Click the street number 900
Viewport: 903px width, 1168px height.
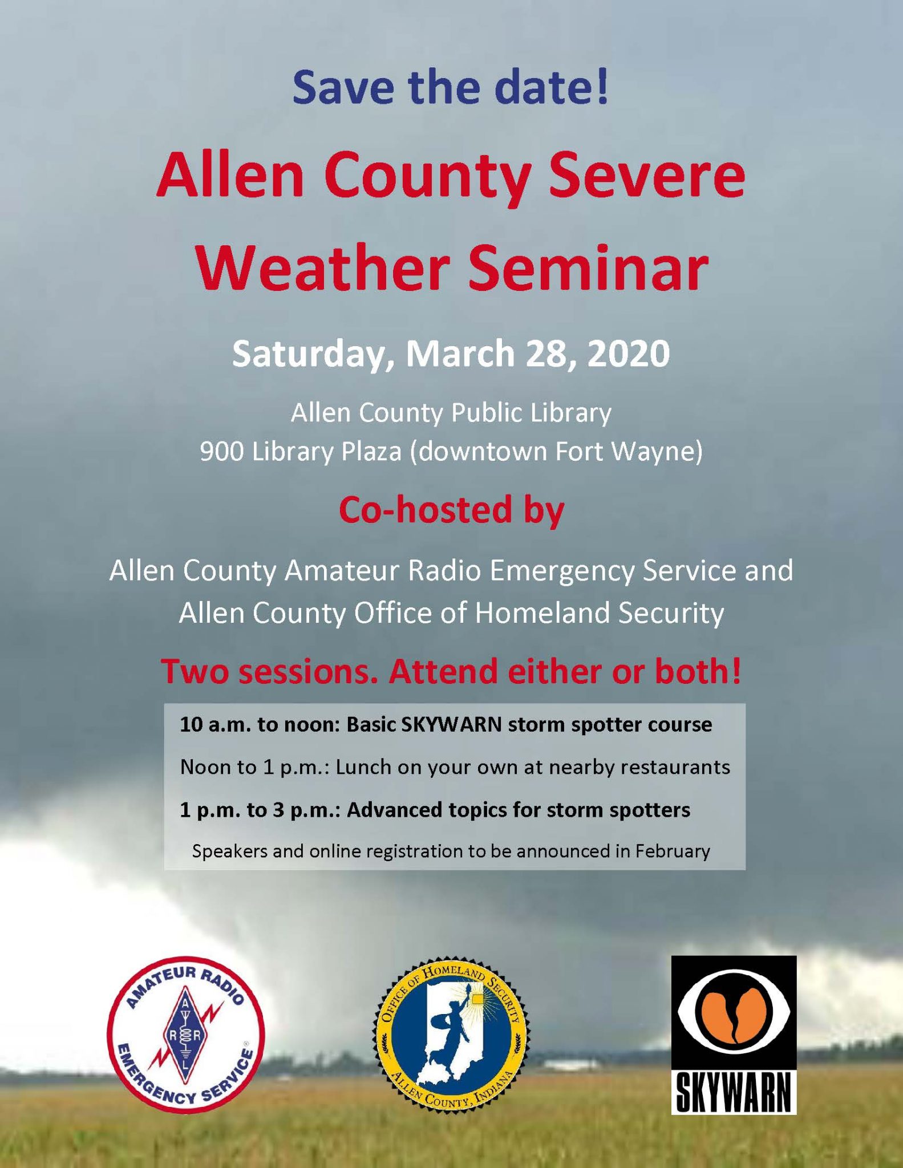(x=221, y=452)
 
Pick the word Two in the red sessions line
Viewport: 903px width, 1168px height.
(x=193, y=671)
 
